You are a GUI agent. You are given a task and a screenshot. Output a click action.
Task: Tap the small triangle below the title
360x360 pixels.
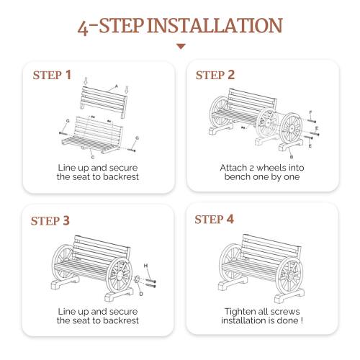click(x=181, y=47)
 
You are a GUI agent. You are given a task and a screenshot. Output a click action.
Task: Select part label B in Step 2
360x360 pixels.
click(x=291, y=155)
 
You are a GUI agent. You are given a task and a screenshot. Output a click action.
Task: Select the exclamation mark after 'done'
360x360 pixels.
click(x=300, y=320)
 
